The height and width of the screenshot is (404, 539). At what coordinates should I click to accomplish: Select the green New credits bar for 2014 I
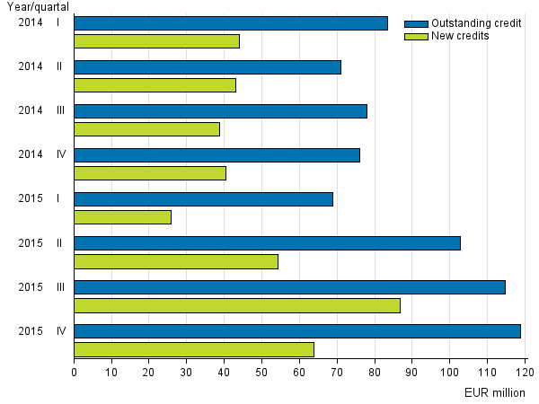[156, 40]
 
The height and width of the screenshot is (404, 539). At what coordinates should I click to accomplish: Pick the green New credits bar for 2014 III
[146, 128]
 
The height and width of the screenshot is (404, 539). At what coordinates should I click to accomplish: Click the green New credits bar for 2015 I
[122, 216]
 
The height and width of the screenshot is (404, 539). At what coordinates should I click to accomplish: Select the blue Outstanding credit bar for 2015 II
[267, 243]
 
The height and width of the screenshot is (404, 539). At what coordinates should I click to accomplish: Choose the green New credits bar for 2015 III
[236, 305]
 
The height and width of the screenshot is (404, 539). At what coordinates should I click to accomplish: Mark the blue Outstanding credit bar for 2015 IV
[296, 331]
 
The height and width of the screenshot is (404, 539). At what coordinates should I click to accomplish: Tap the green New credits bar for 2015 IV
[193, 349]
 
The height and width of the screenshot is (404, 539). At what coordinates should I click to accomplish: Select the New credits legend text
[461, 36]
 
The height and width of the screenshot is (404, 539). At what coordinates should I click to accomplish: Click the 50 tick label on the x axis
[261, 369]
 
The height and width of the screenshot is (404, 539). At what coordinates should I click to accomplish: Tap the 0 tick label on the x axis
[74, 369]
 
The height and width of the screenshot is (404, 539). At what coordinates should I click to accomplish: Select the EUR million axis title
[494, 392]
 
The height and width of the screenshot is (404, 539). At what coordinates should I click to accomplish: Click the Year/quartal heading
[37, 7]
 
